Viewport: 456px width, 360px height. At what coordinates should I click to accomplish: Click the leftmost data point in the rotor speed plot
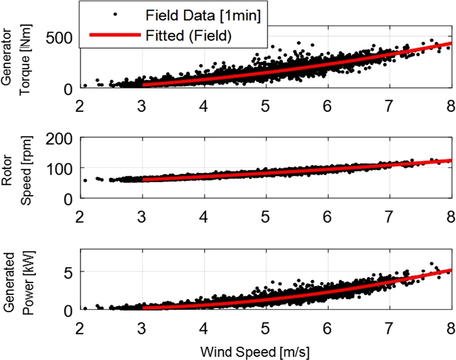(x=85, y=180)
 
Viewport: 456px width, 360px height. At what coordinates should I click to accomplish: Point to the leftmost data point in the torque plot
(x=85, y=86)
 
